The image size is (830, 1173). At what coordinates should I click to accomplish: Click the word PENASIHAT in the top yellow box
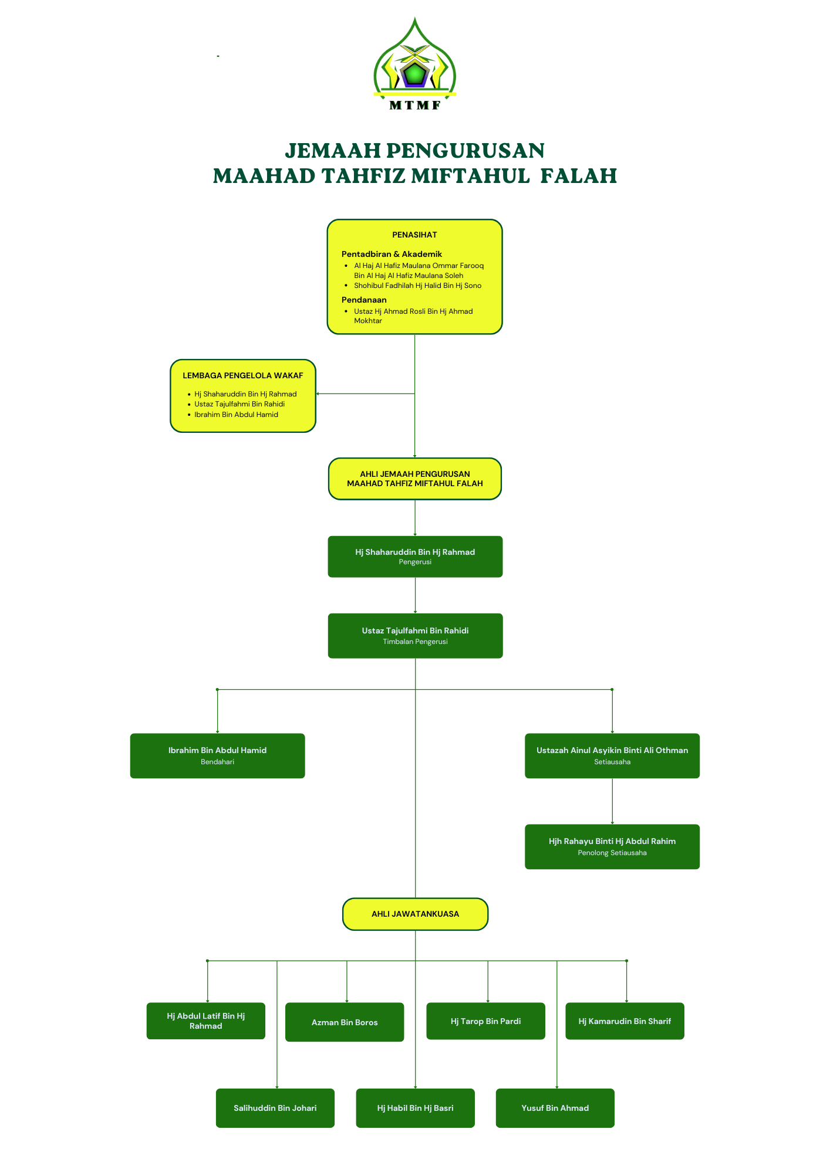[x=414, y=235]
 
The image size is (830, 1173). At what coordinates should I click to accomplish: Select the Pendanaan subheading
[x=364, y=300]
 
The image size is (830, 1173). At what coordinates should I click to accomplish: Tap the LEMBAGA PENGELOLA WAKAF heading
[x=242, y=375]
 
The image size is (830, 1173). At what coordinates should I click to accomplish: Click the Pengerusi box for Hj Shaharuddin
[x=415, y=557]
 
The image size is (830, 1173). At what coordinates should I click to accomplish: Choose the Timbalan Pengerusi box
[x=415, y=636]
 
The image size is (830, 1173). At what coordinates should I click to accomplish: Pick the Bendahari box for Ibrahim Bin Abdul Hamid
[x=217, y=755]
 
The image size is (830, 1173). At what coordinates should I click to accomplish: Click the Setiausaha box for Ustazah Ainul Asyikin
[x=612, y=755]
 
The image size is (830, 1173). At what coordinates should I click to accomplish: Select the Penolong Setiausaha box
[x=612, y=846]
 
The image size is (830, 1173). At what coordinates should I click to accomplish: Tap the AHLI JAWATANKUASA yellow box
[x=415, y=914]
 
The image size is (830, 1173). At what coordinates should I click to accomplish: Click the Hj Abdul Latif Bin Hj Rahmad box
[x=205, y=1021]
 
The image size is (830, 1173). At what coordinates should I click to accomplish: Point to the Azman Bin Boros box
[x=345, y=1022]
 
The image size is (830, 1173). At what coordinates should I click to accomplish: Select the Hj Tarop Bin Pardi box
[x=485, y=1021]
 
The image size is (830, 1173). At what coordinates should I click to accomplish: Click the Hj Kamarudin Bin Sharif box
[x=625, y=1021]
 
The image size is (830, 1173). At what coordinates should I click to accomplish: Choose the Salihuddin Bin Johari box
[x=275, y=1108]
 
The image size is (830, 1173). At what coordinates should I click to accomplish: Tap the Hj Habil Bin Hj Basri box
[x=415, y=1108]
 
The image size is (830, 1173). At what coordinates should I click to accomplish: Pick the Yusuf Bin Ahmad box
[x=555, y=1108]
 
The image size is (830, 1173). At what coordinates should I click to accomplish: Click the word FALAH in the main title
[x=578, y=175]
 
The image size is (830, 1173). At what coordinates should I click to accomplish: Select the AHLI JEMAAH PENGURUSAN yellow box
[x=415, y=479]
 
